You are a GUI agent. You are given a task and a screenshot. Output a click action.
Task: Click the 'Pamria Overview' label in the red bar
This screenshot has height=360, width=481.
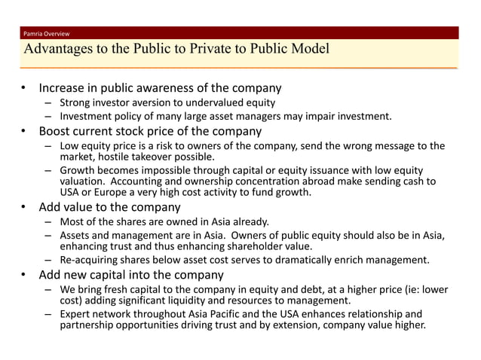point(46,34)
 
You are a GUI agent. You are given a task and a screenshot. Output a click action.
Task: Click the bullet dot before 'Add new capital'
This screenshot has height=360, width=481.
point(25,275)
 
